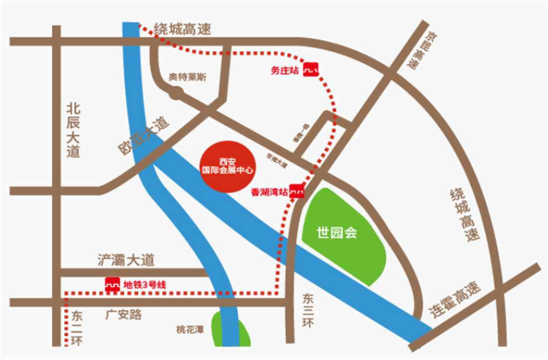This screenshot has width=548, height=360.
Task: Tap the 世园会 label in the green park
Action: pos(337,233)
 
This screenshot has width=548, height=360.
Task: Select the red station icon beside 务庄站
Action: pos(311,70)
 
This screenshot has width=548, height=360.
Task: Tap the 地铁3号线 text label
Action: pos(144,285)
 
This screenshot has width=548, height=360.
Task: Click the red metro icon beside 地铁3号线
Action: pos(112,285)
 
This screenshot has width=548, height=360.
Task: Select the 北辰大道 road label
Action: pos(73,131)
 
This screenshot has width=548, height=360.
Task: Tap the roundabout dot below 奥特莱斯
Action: pos(175,93)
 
